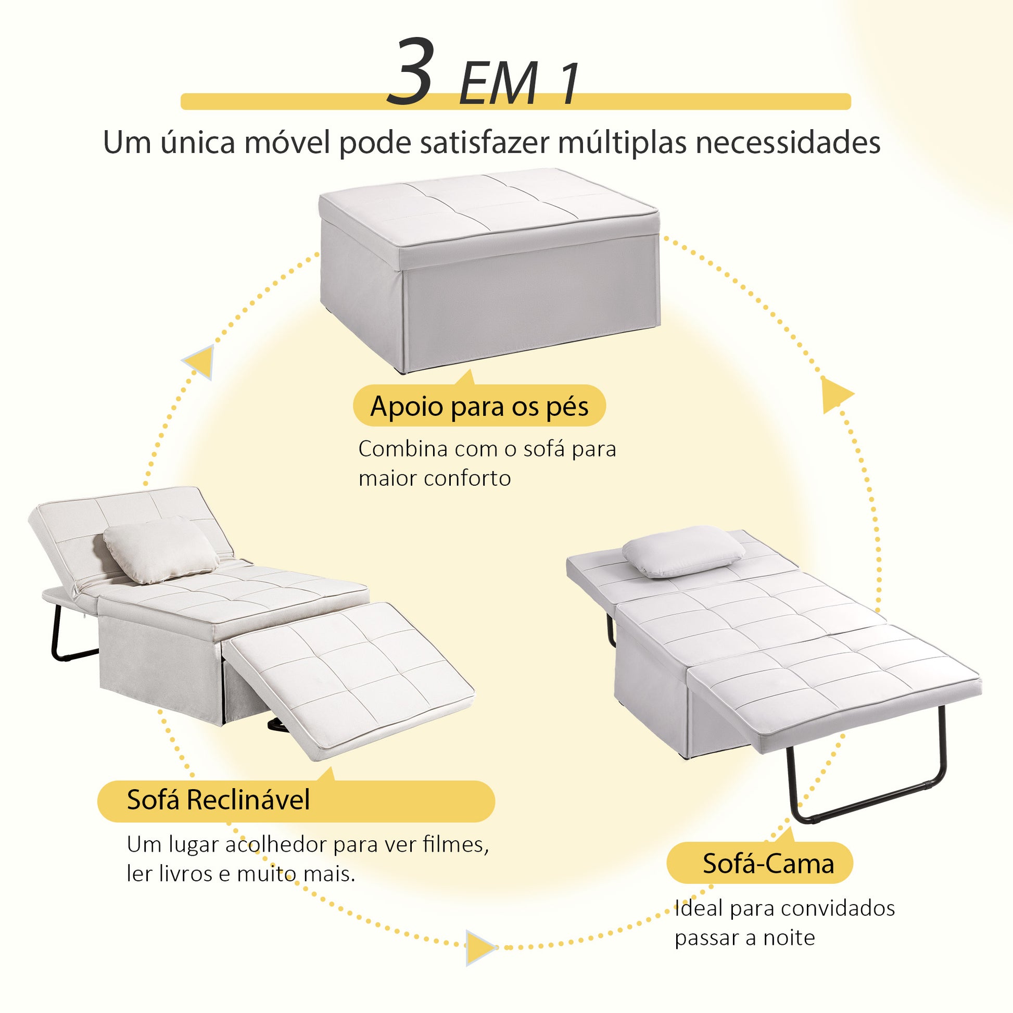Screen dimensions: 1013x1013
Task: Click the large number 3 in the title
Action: [x=411, y=72]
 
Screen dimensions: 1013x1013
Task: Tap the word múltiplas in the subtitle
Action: [x=622, y=143]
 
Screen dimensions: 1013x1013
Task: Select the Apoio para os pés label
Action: [x=479, y=407]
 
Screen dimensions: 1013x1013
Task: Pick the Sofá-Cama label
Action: [x=760, y=864]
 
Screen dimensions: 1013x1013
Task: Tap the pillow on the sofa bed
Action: [x=683, y=552]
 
